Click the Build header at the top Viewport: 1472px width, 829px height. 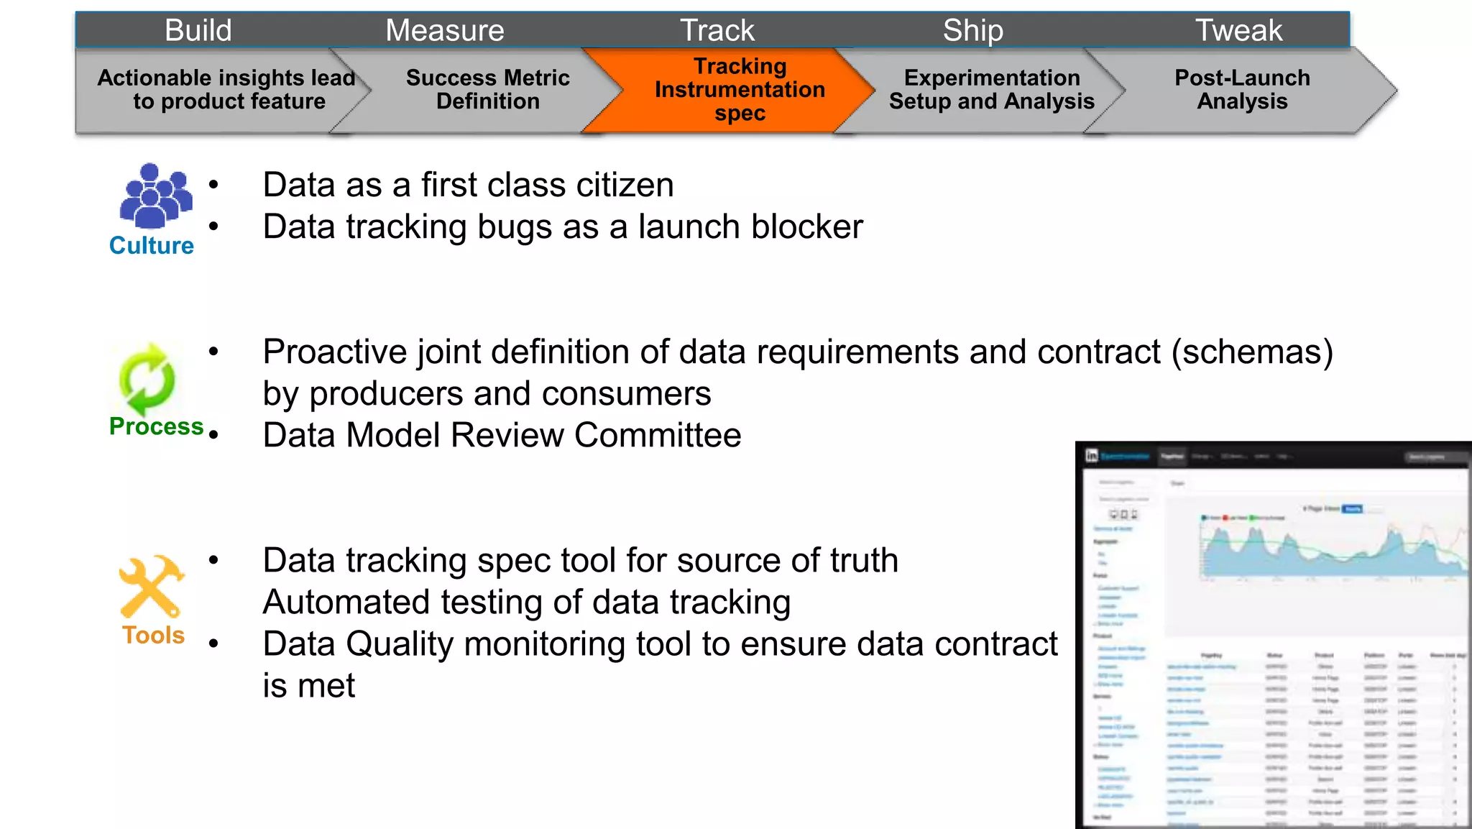pos(198,30)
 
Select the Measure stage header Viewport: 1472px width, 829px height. pos(444,30)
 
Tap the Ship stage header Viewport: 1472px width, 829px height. pos(972,30)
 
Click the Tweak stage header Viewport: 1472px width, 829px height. pos(1238,30)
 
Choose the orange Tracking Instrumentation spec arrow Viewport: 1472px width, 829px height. pos(740,90)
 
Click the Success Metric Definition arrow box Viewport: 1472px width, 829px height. pos(487,90)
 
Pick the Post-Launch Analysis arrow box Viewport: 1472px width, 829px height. pos(1241,90)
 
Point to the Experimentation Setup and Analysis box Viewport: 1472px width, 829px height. pos(991,90)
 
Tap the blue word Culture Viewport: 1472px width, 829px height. pos(151,246)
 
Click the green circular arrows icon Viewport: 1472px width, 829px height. pos(147,380)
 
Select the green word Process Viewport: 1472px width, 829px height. pos(156,426)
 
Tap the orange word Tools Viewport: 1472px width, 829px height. pos(153,636)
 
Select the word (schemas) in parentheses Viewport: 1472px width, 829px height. pos(1252,352)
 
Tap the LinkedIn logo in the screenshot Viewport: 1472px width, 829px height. pos(1092,456)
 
